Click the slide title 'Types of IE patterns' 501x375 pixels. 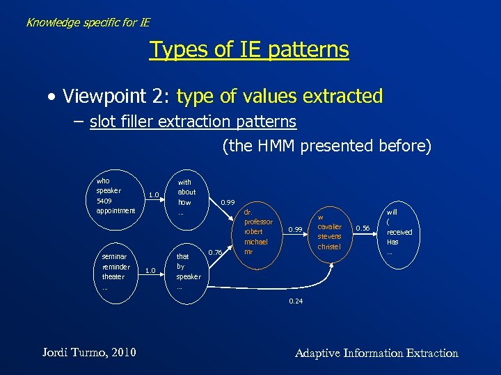[x=249, y=50]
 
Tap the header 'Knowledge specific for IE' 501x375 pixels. [x=88, y=22]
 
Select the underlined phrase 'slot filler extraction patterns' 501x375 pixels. [x=193, y=122]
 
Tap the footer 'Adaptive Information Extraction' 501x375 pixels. [x=376, y=353]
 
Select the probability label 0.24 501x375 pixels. [x=296, y=301]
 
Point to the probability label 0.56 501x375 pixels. [x=363, y=227]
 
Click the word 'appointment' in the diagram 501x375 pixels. [x=116, y=210]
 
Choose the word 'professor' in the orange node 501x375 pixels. [x=258, y=222]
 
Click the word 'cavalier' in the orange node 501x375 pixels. [x=329, y=226]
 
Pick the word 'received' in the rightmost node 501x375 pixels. [x=399, y=232]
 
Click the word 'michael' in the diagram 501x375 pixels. [x=255, y=241]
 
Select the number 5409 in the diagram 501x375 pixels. [x=104, y=201]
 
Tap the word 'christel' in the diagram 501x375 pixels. [x=329, y=247]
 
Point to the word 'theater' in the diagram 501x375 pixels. [x=113, y=276]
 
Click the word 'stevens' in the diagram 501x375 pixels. [x=329, y=236]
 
